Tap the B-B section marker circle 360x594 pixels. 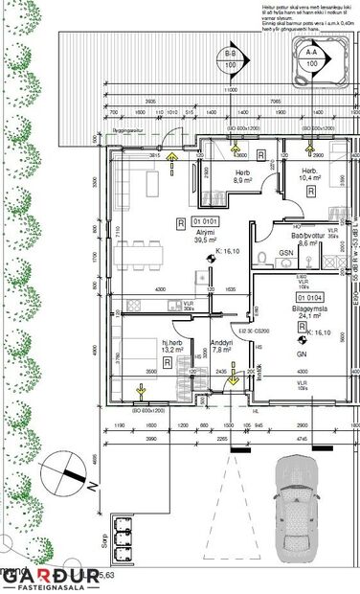(231, 58)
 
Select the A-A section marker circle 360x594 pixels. (311, 53)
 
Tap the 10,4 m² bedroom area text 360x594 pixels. (310, 178)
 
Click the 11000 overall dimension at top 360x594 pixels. (230, 90)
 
